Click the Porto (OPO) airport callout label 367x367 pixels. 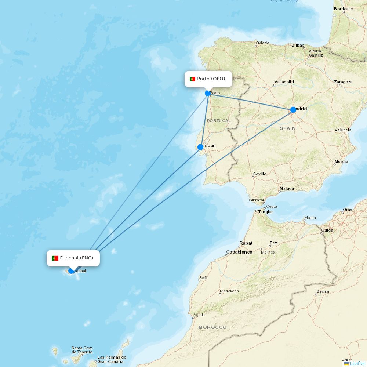[x=208, y=79]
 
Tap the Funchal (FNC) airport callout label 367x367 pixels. [x=73, y=258]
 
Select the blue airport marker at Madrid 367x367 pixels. [x=293, y=110]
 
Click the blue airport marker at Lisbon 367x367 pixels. [x=200, y=147]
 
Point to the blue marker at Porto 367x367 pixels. [x=208, y=93]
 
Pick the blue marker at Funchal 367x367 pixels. [x=71, y=271]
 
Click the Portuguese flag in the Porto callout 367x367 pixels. [x=192, y=79]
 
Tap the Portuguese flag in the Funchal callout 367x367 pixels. [x=55, y=258]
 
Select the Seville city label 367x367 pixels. [x=260, y=174]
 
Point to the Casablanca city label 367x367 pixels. [x=239, y=252]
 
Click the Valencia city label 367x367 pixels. [x=343, y=130]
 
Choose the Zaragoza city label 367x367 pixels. [x=343, y=82]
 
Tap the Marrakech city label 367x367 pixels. [x=229, y=291]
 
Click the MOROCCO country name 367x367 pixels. [x=212, y=327]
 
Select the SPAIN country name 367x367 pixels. [x=288, y=128]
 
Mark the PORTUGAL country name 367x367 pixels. [x=219, y=121]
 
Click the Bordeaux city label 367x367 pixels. [x=344, y=9]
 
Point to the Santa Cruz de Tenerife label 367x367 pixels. [x=82, y=350]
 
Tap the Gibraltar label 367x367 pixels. [x=257, y=200]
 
